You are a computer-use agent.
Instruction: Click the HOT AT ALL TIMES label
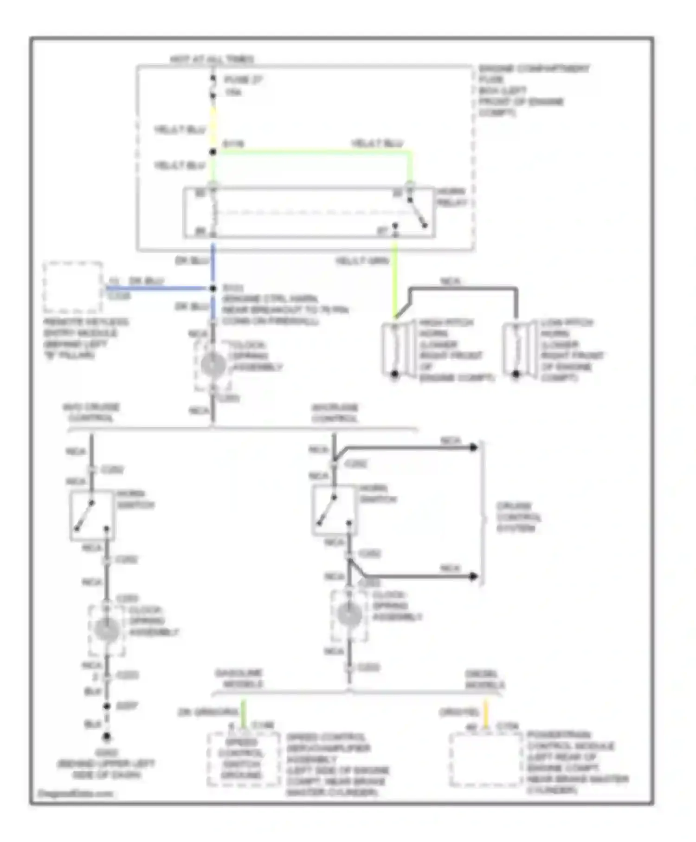tap(212, 59)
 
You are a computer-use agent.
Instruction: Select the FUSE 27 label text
tap(243, 80)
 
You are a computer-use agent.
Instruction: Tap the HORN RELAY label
tap(451, 197)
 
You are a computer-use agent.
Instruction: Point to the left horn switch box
tap(92, 516)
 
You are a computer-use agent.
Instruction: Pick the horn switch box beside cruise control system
tap(334, 510)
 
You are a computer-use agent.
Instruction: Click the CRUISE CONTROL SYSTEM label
tap(518, 517)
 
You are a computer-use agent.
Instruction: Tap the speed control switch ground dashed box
tap(243, 759)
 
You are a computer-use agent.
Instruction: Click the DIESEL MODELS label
tap(484, 679)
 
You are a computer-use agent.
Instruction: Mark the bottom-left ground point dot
tap(107, 737)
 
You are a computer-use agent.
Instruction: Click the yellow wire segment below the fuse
tap(213, 125)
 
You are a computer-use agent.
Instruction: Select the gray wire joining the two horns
tap(464, 289)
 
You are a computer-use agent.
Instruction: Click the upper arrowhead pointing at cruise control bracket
tap(473, 447)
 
